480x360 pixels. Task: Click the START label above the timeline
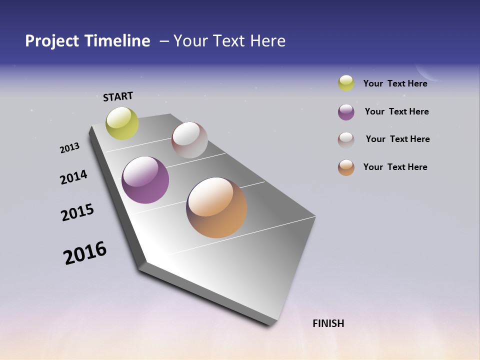118,96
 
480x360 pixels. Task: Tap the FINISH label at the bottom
328,323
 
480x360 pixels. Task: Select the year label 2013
69,148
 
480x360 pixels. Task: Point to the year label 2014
73,177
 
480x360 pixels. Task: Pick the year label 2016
85,253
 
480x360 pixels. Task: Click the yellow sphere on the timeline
122,123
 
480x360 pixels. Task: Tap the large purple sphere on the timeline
145,180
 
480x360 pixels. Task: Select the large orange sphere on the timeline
216,207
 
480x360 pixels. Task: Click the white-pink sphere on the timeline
189,140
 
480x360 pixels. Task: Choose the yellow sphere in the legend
346,83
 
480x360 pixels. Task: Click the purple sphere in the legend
346,112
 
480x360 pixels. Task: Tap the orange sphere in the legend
346,167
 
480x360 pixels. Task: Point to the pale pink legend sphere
346,139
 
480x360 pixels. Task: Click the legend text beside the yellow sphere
395,83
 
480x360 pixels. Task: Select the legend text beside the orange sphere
395,167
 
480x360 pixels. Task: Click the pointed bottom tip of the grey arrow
271,324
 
